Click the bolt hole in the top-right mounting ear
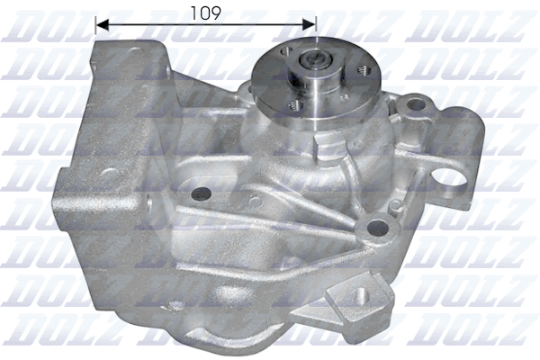point(416,105)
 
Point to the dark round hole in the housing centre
point(201,192)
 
